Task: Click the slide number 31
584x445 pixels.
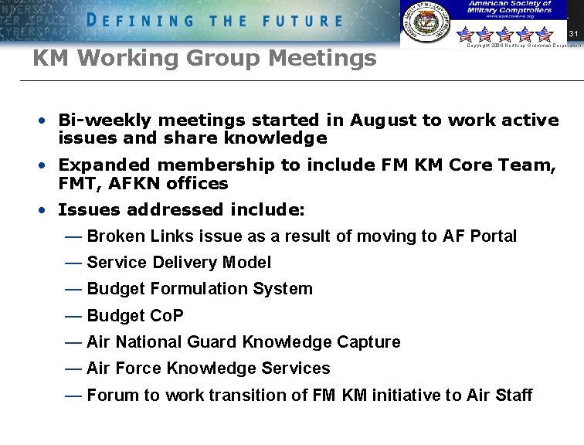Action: click(x=572, y=34)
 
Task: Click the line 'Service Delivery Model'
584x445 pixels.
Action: click(x=178, y=263)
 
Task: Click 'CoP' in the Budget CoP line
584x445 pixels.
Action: click(x=167, y=316)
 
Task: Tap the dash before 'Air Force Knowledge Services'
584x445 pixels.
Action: click(x=73, y=369)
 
